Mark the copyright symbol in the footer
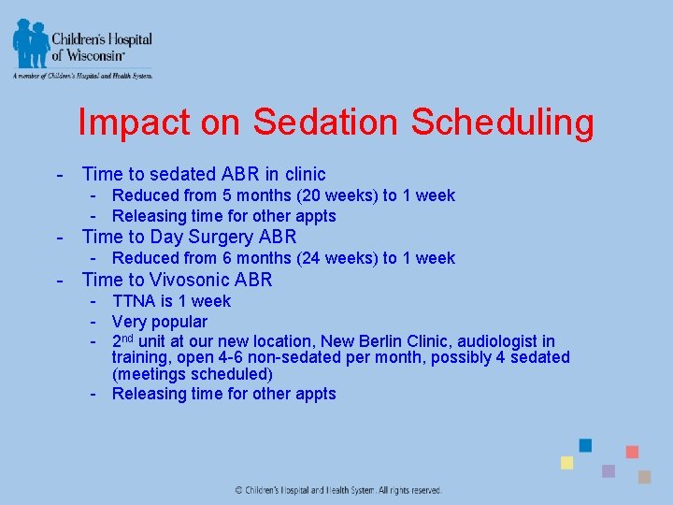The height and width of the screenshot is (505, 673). [x=239, y=490]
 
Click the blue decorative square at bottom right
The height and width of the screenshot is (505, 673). [x=585, y=445]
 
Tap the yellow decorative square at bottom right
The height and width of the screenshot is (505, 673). [x=566, y=463]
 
